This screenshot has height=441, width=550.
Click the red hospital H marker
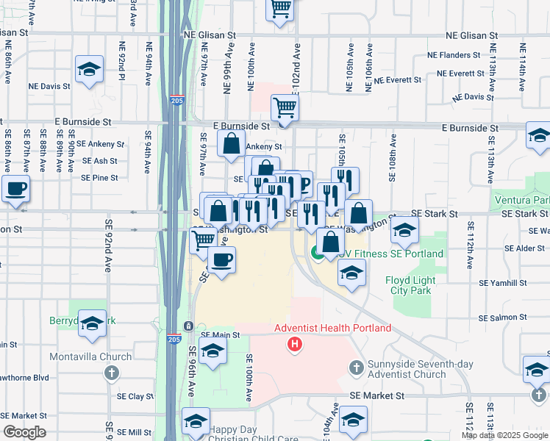point(295,343)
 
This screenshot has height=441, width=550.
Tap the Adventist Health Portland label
point(332,328)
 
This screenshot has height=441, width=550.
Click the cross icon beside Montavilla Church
point(111,373)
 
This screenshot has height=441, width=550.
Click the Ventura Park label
point(528,201)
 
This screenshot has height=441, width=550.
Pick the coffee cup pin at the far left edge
point(16,188)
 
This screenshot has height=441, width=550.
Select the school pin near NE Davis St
point(89,71)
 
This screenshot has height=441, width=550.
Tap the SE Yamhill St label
point(504,282)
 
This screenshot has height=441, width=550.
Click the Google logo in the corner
point(24,432)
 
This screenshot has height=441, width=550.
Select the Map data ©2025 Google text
point(504,435)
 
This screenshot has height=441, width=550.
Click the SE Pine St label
point(99,178)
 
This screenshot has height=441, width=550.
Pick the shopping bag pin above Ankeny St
point(232,145)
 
